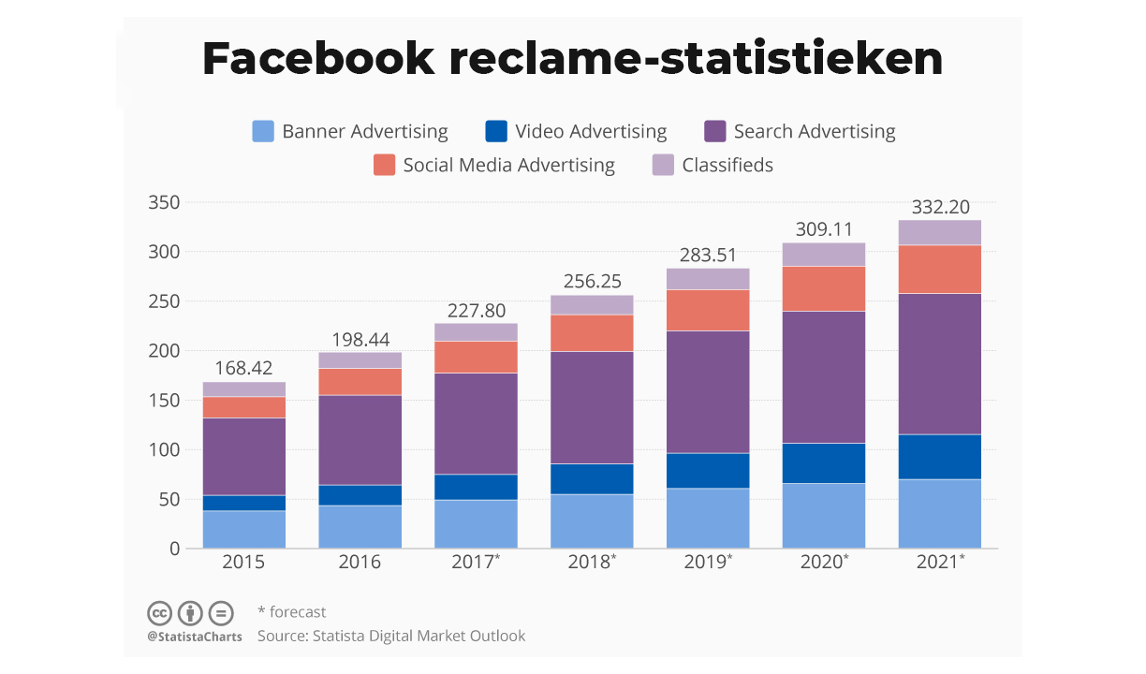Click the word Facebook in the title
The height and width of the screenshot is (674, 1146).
point(318,59)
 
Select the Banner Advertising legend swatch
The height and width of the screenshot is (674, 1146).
point(264,132)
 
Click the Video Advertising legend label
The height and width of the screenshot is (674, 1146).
point(591,132)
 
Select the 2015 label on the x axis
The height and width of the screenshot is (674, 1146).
point(243,563)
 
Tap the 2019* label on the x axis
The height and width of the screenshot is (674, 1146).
point(709,563)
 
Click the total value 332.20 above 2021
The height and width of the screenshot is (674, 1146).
point(939,207)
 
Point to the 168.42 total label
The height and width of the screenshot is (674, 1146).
point(243,369)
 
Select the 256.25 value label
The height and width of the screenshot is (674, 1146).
point(592,282)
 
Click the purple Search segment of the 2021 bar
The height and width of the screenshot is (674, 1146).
point(939,363)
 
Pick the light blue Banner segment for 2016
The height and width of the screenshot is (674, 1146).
point(360,527)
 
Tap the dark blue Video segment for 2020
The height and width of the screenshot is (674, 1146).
point(824,462)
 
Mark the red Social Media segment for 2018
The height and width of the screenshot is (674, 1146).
point(592,332)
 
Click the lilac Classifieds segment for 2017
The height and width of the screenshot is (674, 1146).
point(476,332)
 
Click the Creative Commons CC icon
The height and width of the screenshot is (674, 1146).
point(160,614)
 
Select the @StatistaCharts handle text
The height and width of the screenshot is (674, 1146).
point(195,637)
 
